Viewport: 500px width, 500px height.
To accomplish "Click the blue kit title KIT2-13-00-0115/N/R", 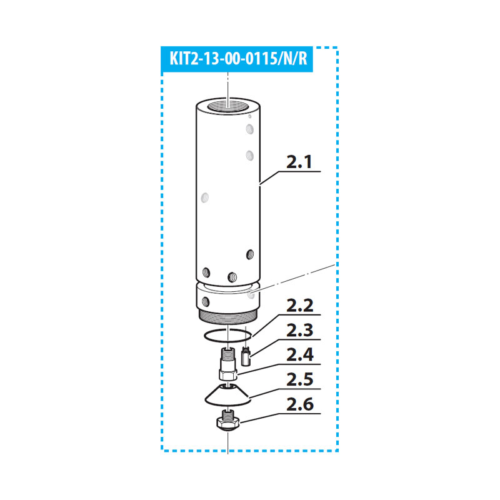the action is [x=238, y=59].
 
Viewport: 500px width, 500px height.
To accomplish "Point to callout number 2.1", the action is [x=299, y=162].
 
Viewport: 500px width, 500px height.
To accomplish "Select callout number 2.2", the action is [x=300, y=306].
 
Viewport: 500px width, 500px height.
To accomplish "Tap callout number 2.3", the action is [x=300, y=330].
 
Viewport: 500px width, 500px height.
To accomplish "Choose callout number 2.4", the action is [x=300, y=354].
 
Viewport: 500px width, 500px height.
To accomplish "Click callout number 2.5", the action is [x=300, y=379].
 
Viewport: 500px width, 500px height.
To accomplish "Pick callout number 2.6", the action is [x=300, y=404].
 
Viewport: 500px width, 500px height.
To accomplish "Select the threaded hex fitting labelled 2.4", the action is [x=227, y=364].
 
